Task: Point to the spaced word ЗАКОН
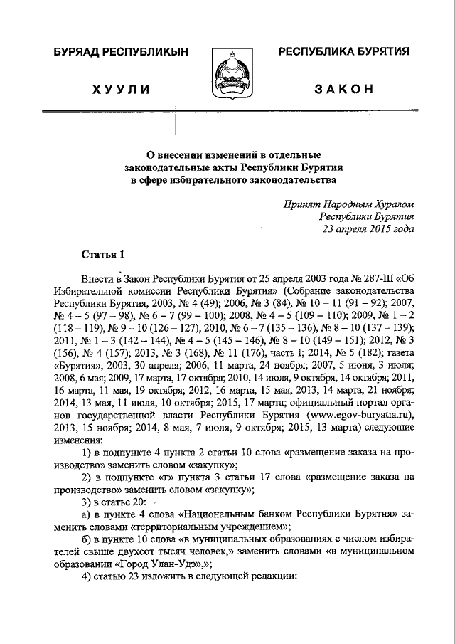[344, 88]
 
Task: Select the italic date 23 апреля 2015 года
[367, 228]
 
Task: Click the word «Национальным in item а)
[215, 514]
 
